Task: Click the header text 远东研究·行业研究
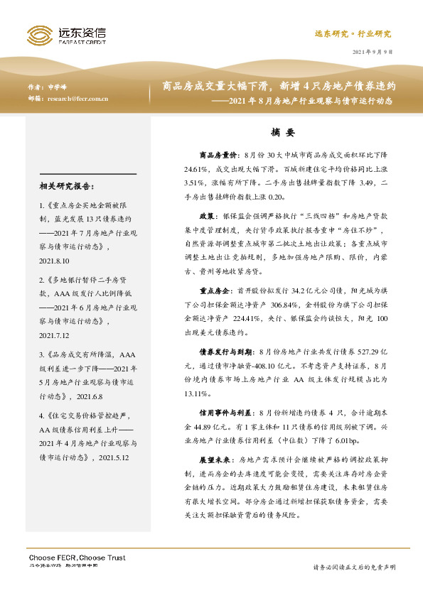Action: [x=353, y=34]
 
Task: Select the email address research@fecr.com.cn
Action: [x=77, y=99]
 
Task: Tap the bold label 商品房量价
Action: [x=217, y=153]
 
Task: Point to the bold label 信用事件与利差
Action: [x=221, y=393]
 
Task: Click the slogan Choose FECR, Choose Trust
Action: [x=76, y=558]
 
